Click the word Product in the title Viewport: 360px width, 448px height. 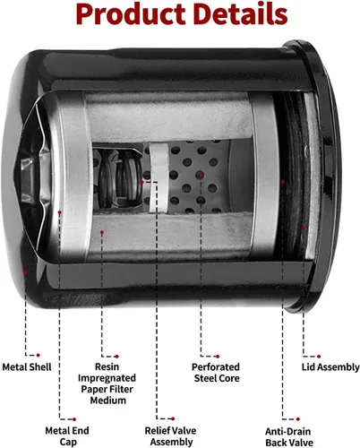coord(130,14)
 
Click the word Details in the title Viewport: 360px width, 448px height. coord(240,13)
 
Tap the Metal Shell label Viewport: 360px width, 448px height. coord(27,366)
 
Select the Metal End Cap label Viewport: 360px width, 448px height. coord(67,436)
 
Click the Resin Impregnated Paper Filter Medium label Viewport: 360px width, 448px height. coord(107,383)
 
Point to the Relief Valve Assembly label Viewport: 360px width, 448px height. coord(170,436)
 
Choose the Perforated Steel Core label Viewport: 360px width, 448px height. coord(216,373)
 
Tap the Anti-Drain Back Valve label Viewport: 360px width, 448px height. coord(289,436)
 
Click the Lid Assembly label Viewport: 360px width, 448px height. coord(330,366)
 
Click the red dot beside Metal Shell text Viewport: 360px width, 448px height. coord(38,355)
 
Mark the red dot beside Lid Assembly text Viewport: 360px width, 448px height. coord(319,357)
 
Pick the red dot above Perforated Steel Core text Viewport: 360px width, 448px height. coord(218,357)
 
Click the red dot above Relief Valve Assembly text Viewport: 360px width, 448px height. coord(173,418)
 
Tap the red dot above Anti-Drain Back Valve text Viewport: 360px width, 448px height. coord(298,419)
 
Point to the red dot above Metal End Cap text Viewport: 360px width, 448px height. coord(74,419)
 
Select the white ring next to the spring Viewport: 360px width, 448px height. coord(159,177)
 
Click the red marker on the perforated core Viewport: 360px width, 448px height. coord(201,175)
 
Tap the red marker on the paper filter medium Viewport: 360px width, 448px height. coord(102,232)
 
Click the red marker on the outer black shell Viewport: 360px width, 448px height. coord(26,272)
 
